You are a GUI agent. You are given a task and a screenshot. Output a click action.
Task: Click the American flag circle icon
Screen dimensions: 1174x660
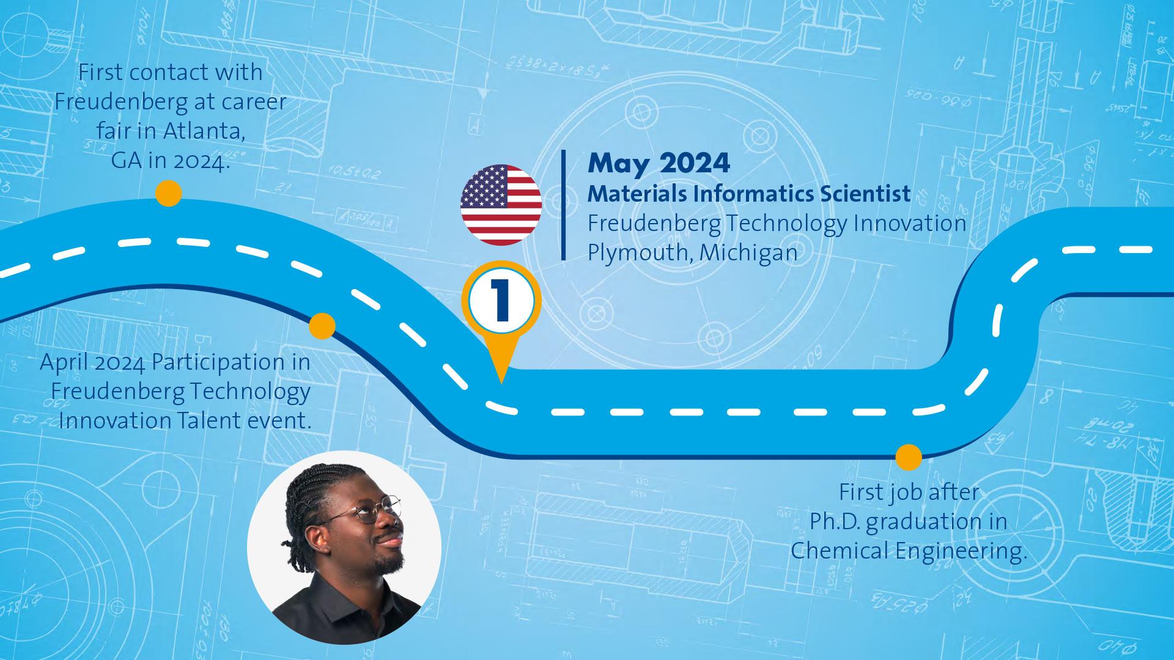pyautogui.click(x=501, y=205)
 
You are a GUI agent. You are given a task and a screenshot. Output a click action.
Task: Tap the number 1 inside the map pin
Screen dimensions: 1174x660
pyautogui.click(x=501, y=300)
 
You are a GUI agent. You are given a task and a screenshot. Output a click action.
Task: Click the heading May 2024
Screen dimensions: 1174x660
pyautogui.click(x=659, y=164)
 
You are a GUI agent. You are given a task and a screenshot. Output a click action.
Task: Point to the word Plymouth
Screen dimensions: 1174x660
pyautogui.click(x=640, y=253)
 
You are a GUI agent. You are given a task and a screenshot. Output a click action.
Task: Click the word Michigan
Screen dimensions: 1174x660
pyautogui.click(x=749, y=252)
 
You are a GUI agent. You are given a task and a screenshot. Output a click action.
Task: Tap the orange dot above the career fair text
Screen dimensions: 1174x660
pyautogui.click(x=168, y=194)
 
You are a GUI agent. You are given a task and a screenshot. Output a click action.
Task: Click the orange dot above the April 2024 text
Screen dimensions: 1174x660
pyautogui.click(x=322, y=326)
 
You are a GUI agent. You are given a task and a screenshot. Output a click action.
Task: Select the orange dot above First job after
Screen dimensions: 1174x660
pyautogui.click(x=909, y=457)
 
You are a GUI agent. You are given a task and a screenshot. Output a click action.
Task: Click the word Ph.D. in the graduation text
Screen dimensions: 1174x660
pyautogui.click(x=835, y=522)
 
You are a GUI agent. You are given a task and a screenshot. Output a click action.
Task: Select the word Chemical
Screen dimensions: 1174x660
pyautogui.click(x=840, y=551)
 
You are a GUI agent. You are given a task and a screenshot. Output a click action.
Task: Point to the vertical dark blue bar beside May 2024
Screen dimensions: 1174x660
pyautogui.click(x=563, y=205)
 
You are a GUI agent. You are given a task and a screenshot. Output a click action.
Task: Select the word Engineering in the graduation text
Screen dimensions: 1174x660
pyautogui.click(x=961, y=552)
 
